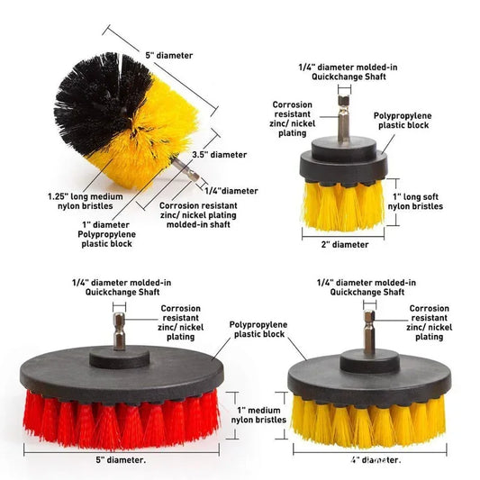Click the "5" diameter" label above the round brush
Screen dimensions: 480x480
168,55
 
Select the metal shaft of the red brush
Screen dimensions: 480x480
117,334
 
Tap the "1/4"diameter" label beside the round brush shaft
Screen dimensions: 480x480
231,191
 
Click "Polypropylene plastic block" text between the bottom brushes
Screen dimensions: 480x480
258,328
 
